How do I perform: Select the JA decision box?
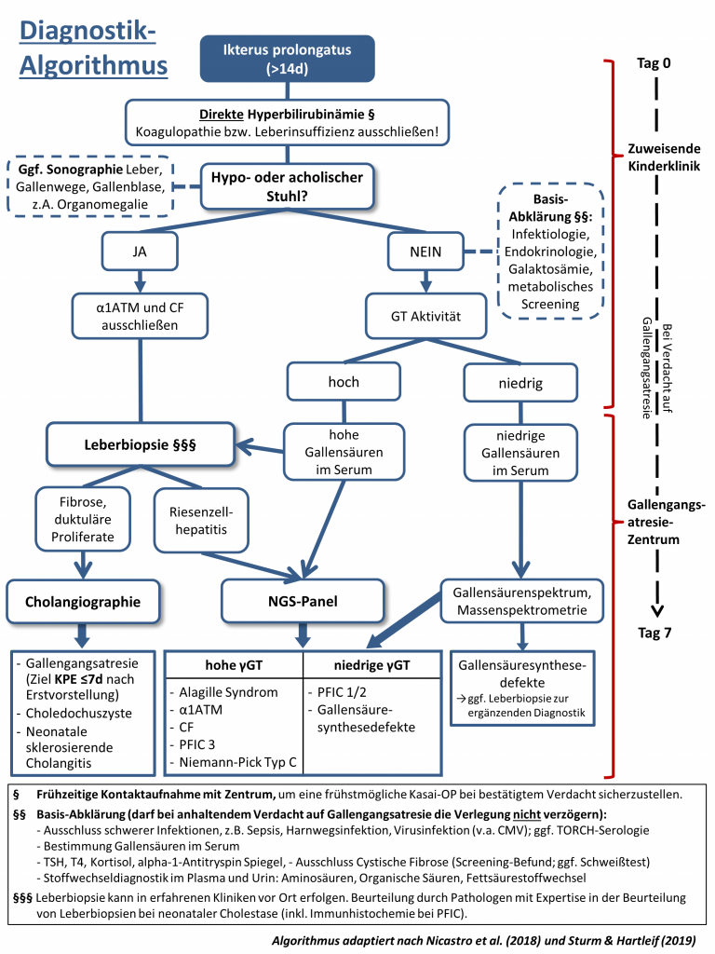140,251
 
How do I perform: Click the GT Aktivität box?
425,317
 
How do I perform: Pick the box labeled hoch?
344,381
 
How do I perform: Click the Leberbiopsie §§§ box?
140,446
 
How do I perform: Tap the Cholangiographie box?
84,602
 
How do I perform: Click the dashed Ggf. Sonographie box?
89,187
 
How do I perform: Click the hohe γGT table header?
234,667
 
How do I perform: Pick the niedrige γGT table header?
372,667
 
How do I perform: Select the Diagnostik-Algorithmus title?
88,49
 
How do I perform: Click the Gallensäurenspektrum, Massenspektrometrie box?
520,601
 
